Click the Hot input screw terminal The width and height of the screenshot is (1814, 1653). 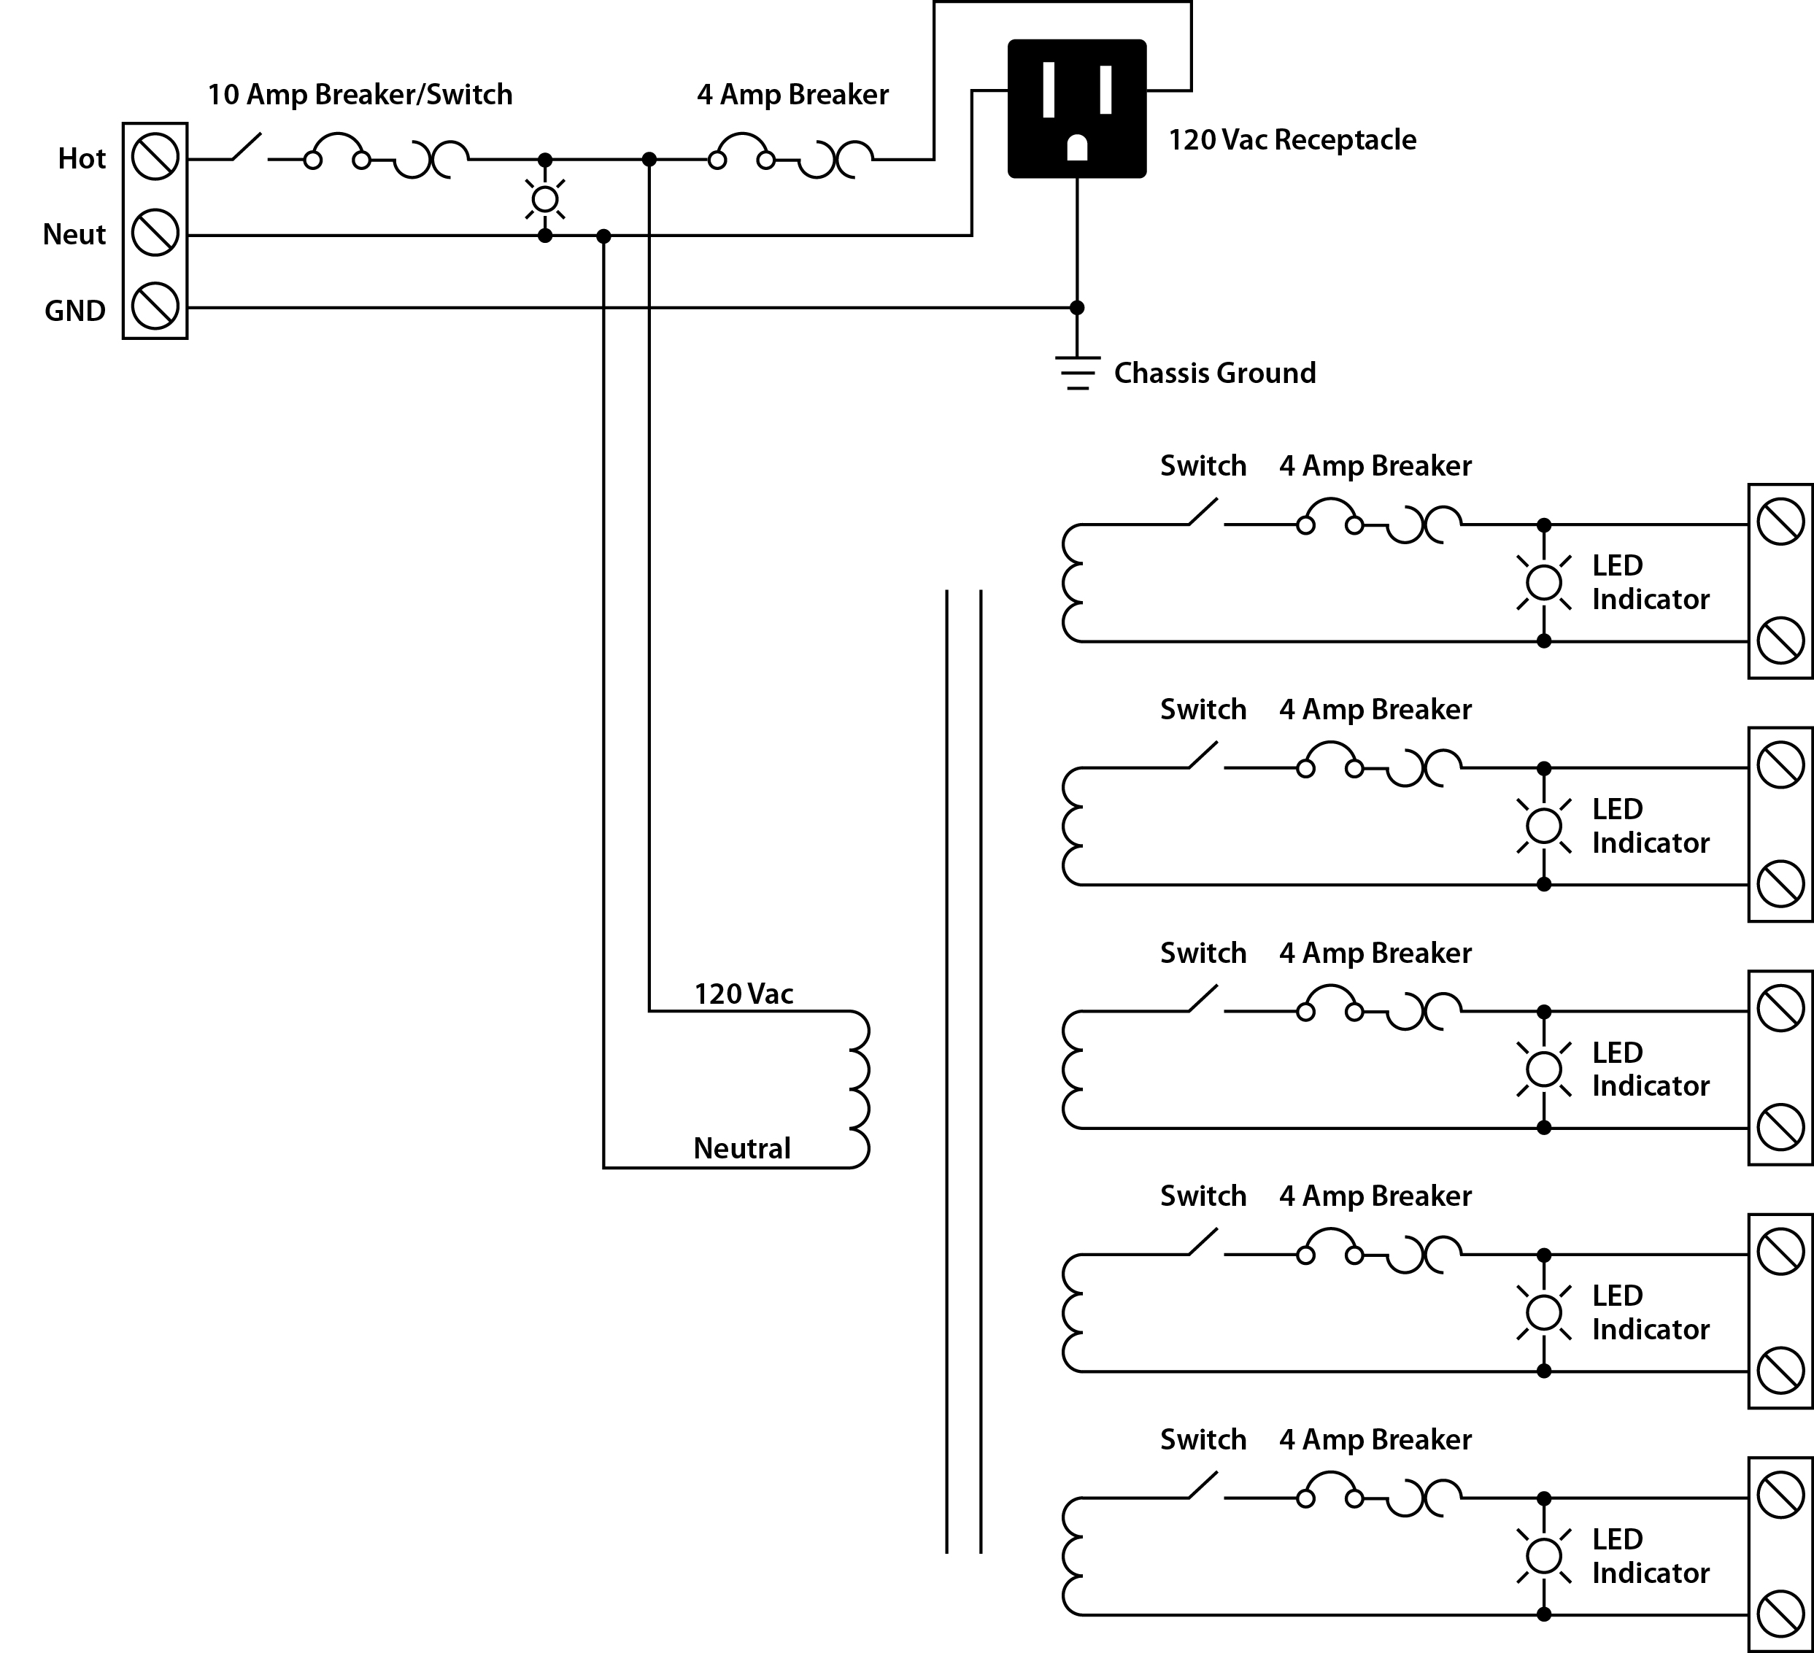coord(155,158)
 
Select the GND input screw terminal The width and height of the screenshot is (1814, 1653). coord(155,306)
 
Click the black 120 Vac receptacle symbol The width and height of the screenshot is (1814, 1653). coord(1076,108)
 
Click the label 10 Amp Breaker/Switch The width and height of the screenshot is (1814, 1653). coord(360,94)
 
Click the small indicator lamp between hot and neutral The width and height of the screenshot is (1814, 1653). coord(544,198)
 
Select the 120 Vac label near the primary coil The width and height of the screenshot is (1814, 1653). coord(744,994)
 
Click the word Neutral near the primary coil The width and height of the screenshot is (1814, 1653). coord(741,1147)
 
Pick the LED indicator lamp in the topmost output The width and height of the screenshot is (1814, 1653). coord(1544,583)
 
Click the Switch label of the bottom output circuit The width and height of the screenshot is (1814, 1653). coord(1203,1439)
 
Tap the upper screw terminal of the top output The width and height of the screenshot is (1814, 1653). coord(1780,522)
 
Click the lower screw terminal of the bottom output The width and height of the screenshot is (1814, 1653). coord(1780,1614)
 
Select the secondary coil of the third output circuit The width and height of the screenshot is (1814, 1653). coord(1073,1069)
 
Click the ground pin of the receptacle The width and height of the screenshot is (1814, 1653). coord(1077,148)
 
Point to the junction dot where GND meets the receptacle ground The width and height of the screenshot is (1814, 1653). coord(1077,308)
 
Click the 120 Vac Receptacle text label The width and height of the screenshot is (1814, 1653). coord(1292,140)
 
